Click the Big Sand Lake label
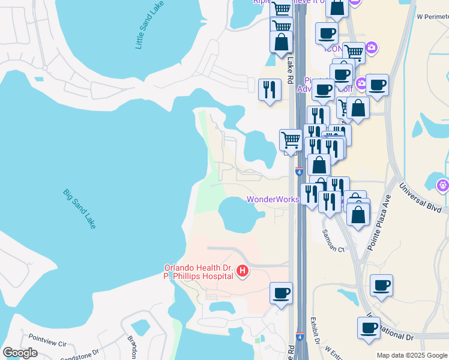point(79,209)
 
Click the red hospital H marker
point(243,272)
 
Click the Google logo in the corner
point(20,353)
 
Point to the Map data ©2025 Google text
point(412,355)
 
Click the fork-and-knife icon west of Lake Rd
point(270,90)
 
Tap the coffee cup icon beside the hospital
point(281,293)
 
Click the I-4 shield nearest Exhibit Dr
point(299,338)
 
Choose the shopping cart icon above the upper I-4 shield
point(291,140)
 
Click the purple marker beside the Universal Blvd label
point(443,184)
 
